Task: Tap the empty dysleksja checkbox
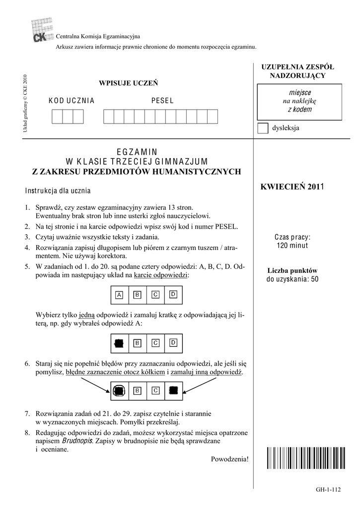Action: (263, 128)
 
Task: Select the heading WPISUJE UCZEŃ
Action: (129, 82)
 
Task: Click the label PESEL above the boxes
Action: (162, 101)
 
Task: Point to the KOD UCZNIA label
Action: (72, 101)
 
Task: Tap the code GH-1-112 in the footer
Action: (328, 490)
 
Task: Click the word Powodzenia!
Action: (229, 458)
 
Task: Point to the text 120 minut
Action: (292, 245)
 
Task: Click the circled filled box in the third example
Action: (119, 391)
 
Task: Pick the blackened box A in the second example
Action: (119, 342)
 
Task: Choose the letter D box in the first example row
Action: (173, 295)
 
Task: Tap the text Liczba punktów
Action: (292, 270)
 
